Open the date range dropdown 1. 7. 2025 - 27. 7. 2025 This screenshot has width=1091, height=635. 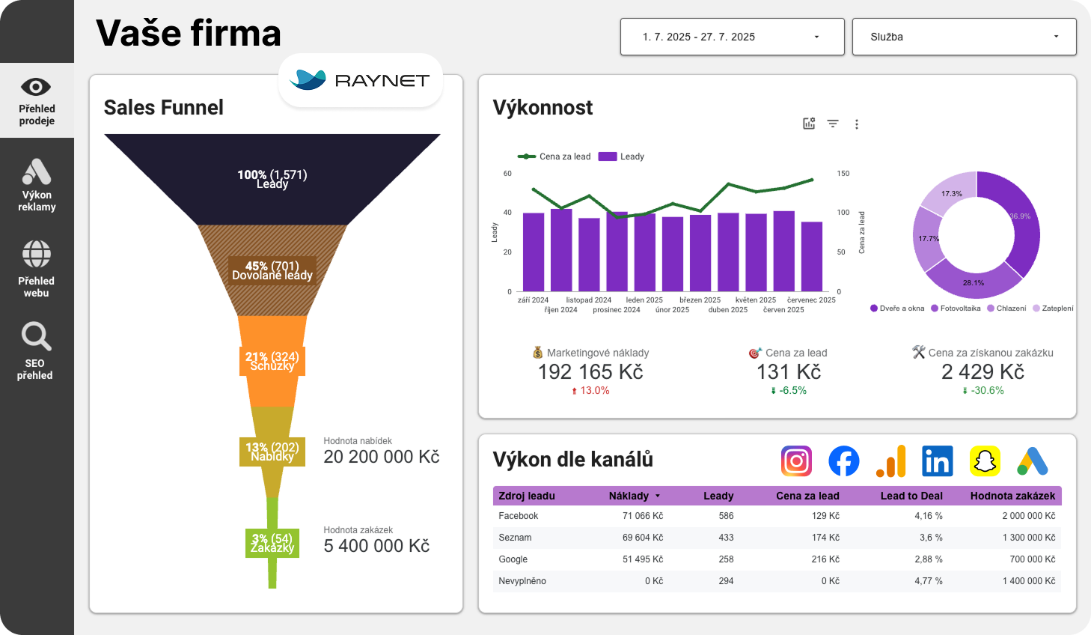coord(732,37)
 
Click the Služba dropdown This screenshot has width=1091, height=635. coord(964,37)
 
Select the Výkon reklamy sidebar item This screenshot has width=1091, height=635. coord(37,185)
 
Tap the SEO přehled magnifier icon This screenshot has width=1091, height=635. coord(36,336)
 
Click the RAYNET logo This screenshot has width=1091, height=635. coord(361,80)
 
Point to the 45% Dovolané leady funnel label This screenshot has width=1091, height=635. coord(272,271)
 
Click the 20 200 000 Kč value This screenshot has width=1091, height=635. coord(381,457)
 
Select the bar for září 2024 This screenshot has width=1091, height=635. coord(534,252)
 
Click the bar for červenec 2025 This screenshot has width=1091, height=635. coord(812,256)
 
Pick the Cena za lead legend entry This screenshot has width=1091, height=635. coord(554,157)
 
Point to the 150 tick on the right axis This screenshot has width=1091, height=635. coord(843,174)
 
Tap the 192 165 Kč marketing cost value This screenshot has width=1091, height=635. coord(590,372)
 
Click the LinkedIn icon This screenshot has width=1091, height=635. coord(937,461)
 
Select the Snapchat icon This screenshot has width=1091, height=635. coord(985,461)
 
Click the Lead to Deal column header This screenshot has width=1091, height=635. coord(911,496)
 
